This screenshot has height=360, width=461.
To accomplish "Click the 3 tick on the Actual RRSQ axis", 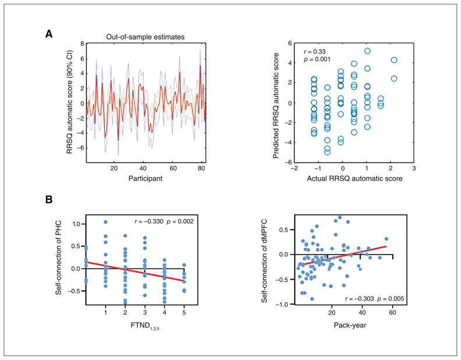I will pyautogui.click(x=414, y=168).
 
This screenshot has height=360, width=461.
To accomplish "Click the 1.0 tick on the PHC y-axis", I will pyautogui.click(x=76, y=223).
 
